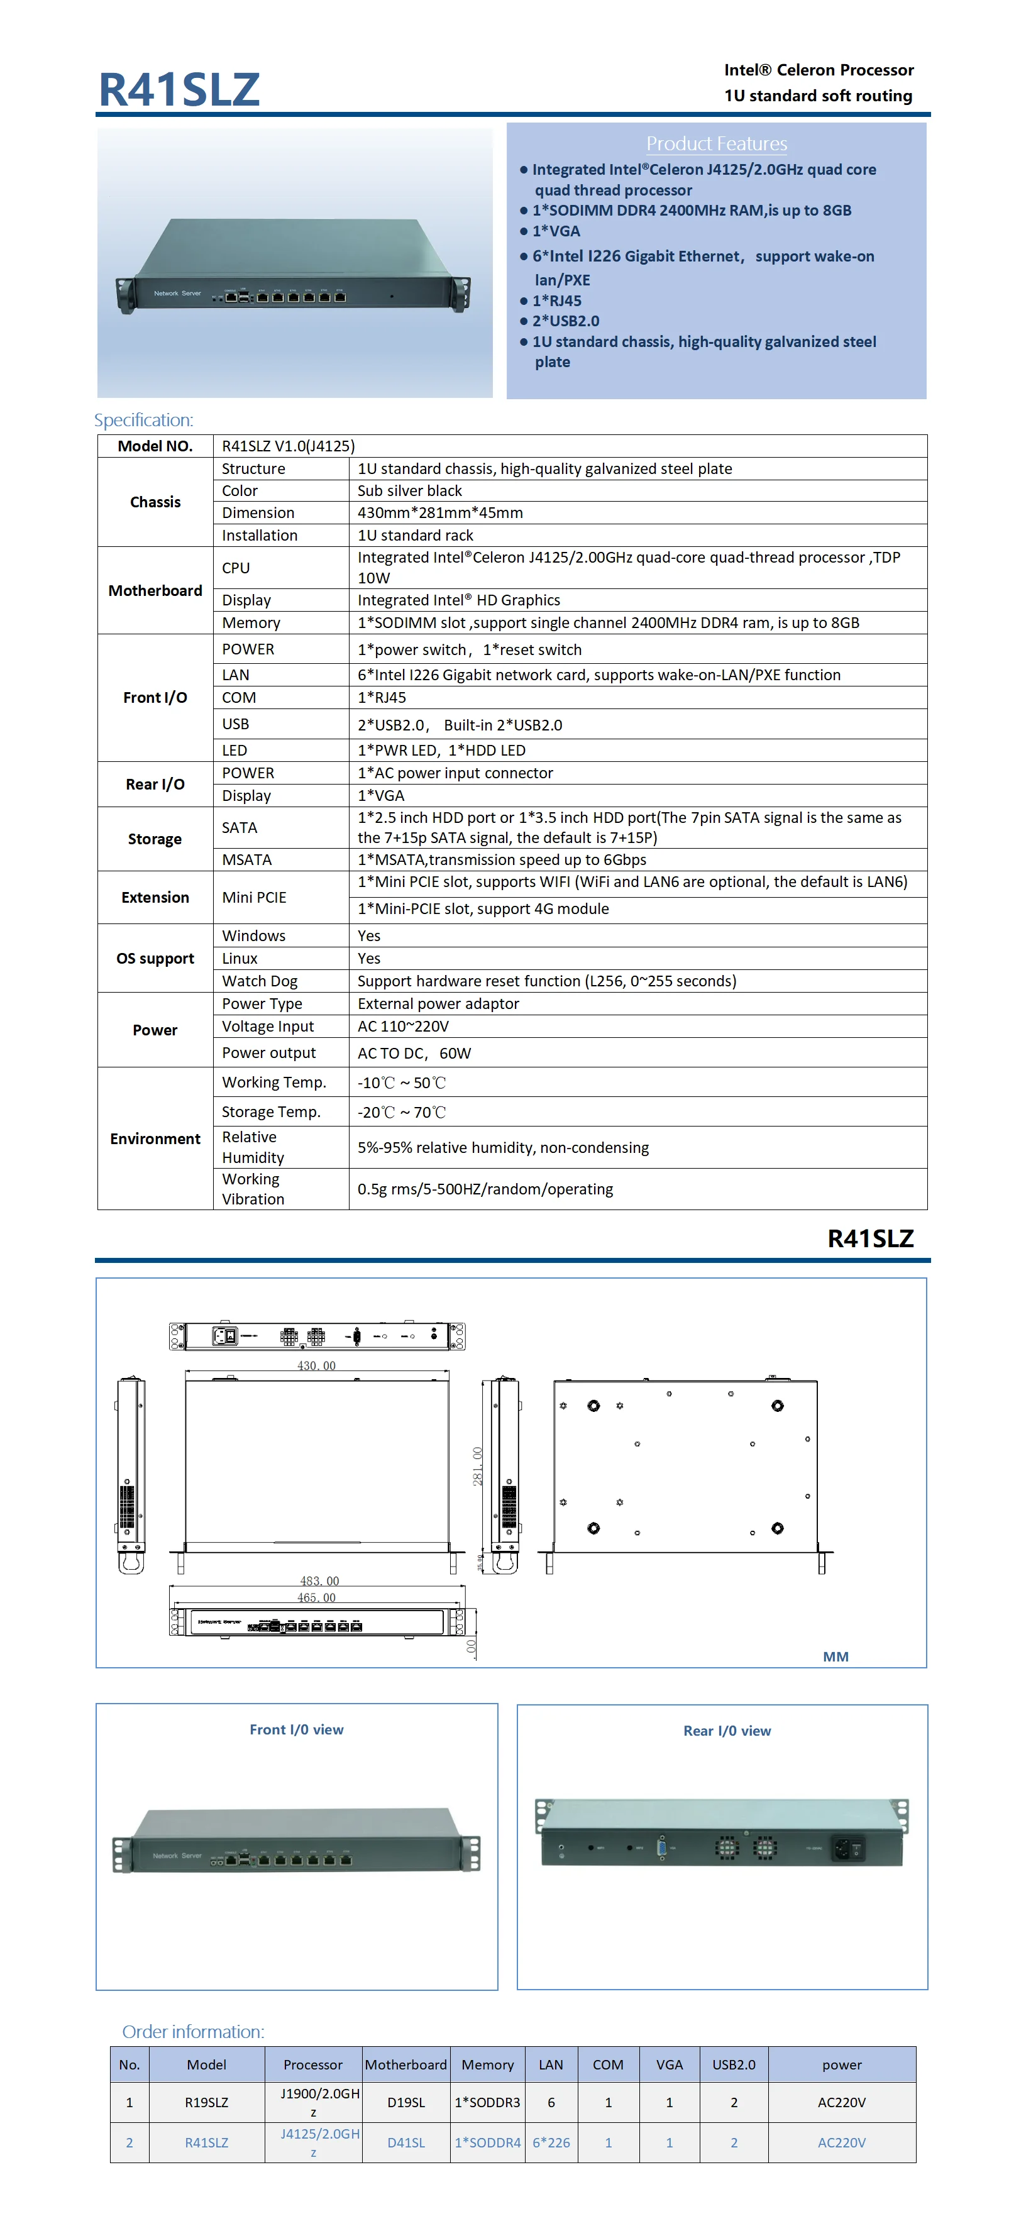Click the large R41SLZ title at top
tap(179, 89)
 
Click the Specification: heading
tap(143, 420)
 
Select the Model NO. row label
tap(155, 446)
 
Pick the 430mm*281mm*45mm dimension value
tap(440, 512)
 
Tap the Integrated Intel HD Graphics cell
tap(458, 600)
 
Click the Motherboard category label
tap(155, 590)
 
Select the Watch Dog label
tap(259, 981)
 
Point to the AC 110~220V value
tap(403, 1026)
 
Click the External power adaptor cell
tap(438, 1003)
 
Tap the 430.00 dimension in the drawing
tap(316, 1365)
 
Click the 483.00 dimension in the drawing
tap(319, 1580)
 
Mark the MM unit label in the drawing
tap(835, 1656)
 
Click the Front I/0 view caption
tap(297, 1729)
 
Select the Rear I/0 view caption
tap(727, 1731)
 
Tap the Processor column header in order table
tap(313, 2064)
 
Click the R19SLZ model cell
tap(207, 2102)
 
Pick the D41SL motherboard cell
tap(405, 2142)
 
